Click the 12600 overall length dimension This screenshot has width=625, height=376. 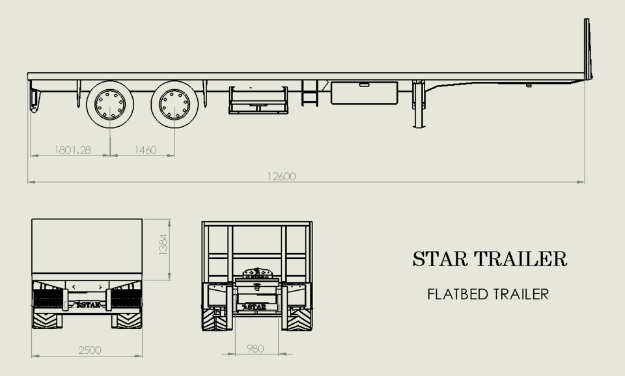(281, 176)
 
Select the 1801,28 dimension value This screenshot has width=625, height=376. (72, 150)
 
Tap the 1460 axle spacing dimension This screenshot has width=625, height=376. (145, 150)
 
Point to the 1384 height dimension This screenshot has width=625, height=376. (163, 245)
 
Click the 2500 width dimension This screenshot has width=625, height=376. (90, 350)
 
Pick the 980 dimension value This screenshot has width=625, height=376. (256, 349)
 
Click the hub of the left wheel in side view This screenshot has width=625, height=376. (109, 104)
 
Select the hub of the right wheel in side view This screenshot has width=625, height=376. (174, 104)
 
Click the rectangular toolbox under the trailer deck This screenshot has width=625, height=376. (364, 93)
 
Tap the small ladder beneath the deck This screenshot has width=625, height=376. (310, 94)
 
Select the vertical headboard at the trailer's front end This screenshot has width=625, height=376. (587, 49)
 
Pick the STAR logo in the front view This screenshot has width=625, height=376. (256, 306)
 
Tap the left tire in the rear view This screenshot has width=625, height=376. (47, 319)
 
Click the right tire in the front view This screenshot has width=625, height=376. (299, 319)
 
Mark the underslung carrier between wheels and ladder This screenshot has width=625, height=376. (258, 101)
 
